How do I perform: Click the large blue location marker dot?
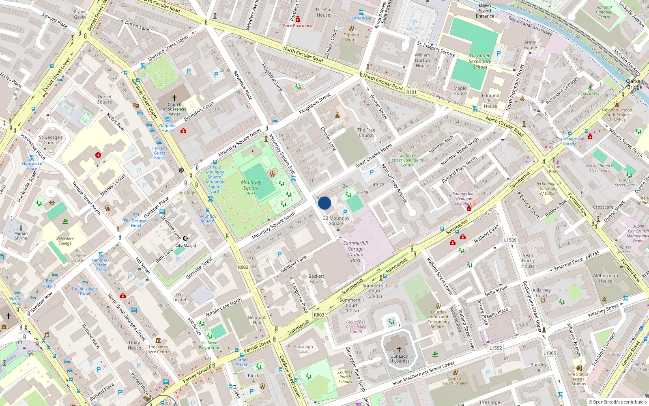pyautogui.click(x=324, y=203)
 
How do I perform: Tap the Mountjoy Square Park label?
pyautogui.click(x=251, y=188)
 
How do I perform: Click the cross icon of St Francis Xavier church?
pyautogui.click(x=174, y=98)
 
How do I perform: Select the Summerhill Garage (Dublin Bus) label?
pyautogui.click(x=355, y=252)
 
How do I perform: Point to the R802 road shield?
pyautogui.click(x=243, y=267)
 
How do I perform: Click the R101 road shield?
pyautogui.click(x=411, y=92)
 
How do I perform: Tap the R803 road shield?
pyautogui.click(x=319, y=315)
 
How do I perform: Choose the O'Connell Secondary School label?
pyautogui.click(x=480, y=61)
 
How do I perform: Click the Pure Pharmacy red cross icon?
pyautogui.click(x=297, y=19)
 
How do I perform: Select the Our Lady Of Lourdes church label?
pyautogui.click(x=399, y=358)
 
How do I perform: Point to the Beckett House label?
pyautogui.click(x=316, y=279)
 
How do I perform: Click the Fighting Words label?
pyautogui.click(x=351, y=37)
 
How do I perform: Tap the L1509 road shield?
pyautogui.click(x=510, y=240)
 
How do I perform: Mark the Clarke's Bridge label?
pyautogui.click(x=635, y=84)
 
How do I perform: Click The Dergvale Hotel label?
pyautogui.click(x=136, y=223)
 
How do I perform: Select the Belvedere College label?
pyautogui.click(x=65, y=241)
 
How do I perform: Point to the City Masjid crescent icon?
pyautogui.click(x=186, y=238)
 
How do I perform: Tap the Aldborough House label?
pyautogui.click(x=606, y=278)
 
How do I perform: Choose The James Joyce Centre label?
pyautogui.click(x=158, y=349)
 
